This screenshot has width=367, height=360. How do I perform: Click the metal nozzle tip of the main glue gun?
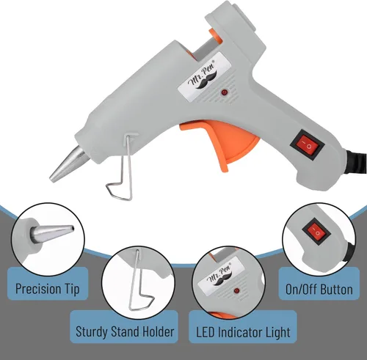click(68, 164)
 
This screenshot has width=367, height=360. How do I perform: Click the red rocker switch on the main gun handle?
click(308, 145)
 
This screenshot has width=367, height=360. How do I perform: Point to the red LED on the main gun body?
click(225, 92)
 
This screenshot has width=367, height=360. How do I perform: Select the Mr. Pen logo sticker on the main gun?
click(205, 78)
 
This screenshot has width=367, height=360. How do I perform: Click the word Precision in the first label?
click(39, 289)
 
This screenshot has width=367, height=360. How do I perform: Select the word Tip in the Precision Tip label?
click(73, 289)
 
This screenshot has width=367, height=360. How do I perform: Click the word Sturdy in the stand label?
click(92, 332)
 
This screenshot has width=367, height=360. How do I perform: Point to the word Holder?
click(159, 331)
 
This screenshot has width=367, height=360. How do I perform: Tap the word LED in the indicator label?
click(205, 332)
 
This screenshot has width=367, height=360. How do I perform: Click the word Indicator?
click(239, 332)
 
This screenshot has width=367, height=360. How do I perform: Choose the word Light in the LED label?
click(277, 333)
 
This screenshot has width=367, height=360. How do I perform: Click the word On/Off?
click(301, 290)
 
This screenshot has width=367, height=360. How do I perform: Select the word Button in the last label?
click(336, 290)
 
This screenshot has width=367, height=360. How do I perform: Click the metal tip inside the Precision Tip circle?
click(52, 234)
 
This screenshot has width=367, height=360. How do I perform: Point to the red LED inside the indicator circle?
click(236, 291)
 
